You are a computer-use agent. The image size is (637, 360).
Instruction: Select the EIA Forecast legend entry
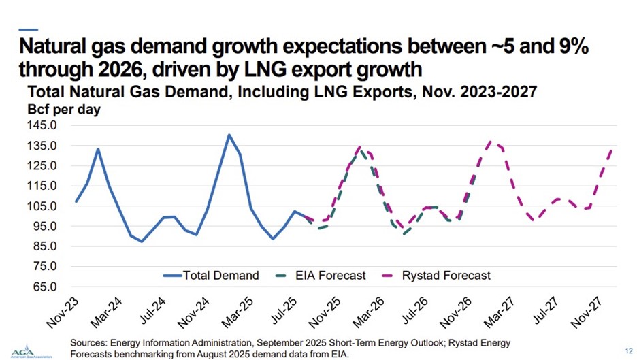coord(320,276)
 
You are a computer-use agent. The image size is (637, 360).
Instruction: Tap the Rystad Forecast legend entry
coord(436,276)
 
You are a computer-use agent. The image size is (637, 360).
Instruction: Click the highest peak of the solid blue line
coord(229,135)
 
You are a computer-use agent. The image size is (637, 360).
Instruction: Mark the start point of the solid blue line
coord(76,201)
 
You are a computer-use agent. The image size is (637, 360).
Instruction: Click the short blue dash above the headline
coord(28,29)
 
